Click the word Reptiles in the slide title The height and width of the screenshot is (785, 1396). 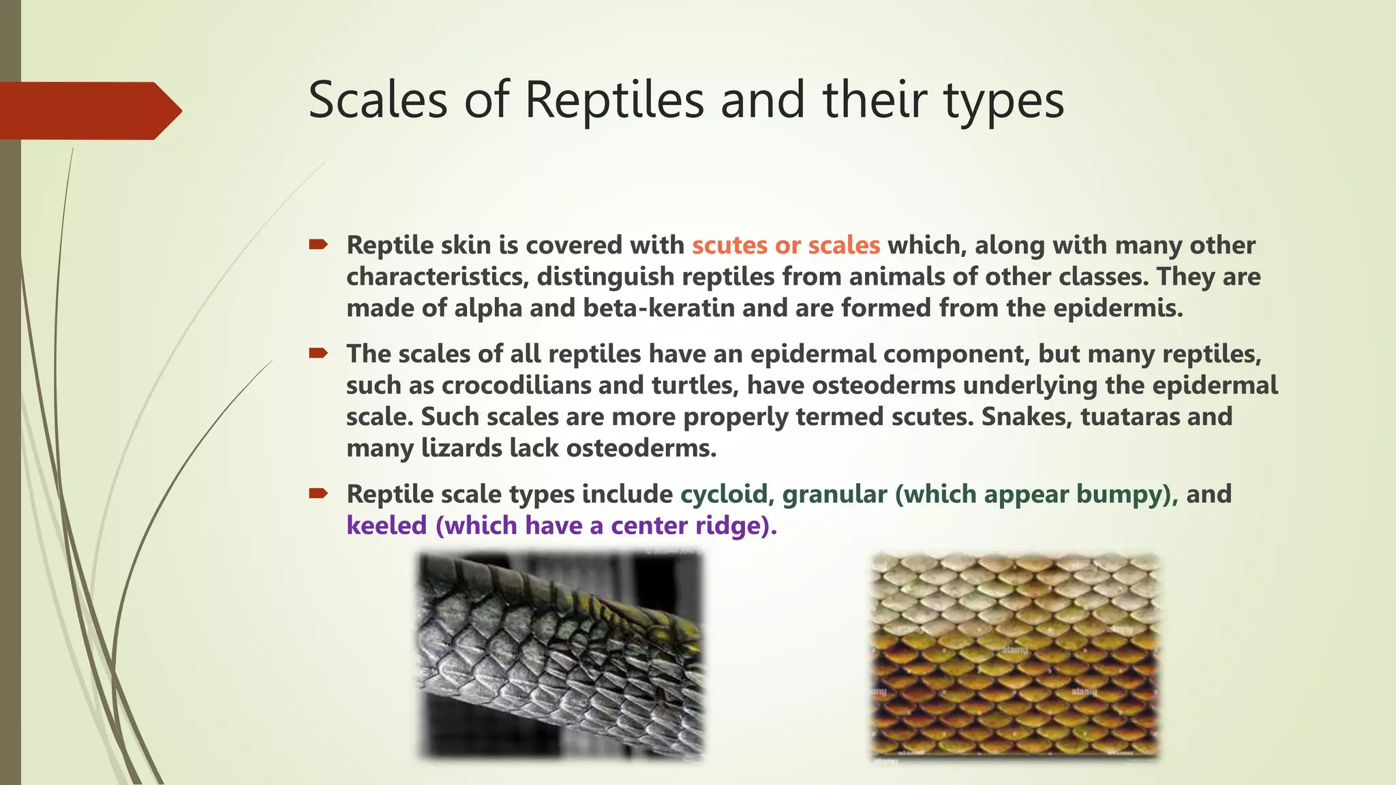click(614, 100)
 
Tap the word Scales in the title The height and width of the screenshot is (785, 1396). click(378, 100)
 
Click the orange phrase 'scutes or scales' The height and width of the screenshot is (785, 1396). click(786, 245)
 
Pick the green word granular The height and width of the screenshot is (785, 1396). click(834, 494)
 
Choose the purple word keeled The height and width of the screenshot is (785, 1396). click(386, 525)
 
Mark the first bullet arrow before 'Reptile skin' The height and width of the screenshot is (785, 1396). click(318, 244)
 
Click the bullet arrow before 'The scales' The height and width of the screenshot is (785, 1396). click(318, 353)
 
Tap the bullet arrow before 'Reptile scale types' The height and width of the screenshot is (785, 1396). click(318, 493)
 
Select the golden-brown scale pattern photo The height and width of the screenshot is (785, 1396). click(1015, 656)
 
